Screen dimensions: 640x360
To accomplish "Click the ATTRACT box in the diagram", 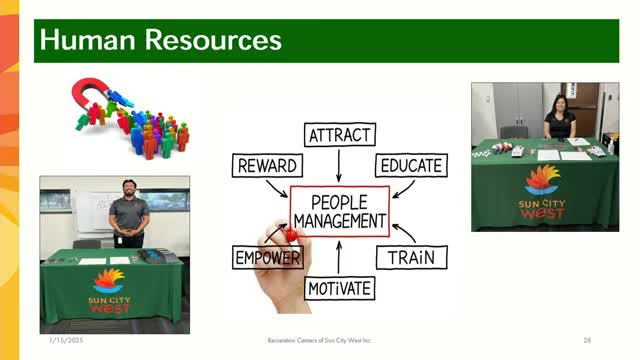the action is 340,135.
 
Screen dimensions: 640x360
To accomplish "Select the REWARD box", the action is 267,166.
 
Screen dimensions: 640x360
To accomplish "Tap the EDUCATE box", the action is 411,165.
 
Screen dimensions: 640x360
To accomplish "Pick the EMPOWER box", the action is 268,258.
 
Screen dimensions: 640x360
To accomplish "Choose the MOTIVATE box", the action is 340,289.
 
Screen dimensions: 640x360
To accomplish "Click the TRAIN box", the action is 411,258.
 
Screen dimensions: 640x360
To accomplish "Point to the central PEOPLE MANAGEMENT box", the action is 340,211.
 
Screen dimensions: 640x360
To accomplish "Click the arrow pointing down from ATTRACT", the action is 339,165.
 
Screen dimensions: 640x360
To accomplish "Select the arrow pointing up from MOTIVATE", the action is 339,257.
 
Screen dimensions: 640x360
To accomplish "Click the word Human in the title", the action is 87,40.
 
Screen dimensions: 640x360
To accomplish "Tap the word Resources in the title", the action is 213,40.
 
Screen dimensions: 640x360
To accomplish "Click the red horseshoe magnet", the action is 89,92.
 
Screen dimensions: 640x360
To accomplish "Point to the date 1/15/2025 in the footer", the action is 66,340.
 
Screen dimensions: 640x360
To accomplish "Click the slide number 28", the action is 587,340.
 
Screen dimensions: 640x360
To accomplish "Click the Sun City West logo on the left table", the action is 109,291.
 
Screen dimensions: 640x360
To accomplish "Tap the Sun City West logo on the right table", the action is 542,192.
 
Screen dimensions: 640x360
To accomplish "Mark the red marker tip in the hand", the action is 291,235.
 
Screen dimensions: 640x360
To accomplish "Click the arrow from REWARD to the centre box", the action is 277,189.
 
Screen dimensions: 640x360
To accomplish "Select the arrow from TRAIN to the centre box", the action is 404,233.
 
